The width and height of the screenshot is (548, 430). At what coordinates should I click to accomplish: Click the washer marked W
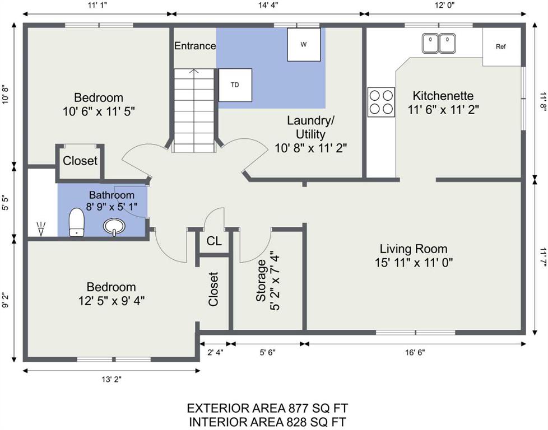[x=304, y=44]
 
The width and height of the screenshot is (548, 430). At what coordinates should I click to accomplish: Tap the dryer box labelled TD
[x=235, y=85]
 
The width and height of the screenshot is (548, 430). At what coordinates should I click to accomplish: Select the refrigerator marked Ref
[x=501, y=46]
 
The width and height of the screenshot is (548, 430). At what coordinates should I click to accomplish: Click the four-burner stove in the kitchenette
[x=381, y=102]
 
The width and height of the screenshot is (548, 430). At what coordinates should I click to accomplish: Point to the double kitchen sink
[x=439, y=43]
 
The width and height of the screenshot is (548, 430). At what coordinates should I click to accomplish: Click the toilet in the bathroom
[x=77, y=222]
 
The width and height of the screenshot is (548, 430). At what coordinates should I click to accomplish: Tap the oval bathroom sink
[x=114, y=226]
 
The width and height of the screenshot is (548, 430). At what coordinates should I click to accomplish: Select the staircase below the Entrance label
[x=194, y=110]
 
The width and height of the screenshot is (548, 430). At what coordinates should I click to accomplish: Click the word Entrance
[x=195, y=46]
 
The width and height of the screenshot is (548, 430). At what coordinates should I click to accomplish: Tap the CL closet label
[x=214, y=241]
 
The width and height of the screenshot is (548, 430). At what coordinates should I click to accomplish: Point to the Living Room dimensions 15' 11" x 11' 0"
[x=414, y=263]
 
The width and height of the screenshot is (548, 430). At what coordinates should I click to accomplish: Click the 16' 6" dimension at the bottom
[x=415, y=352]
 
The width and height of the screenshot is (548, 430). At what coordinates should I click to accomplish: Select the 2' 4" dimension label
[x=215, y=352]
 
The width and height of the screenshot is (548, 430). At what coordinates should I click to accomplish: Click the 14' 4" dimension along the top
[x=268, y=5]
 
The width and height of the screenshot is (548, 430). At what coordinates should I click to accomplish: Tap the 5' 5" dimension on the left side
[x=5, y=202]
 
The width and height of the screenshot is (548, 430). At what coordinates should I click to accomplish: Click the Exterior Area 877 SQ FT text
[x=268, y=408]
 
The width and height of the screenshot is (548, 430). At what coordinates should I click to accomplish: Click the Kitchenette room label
[x=443, y=95]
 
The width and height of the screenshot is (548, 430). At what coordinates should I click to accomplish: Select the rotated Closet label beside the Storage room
[x=213, y=289]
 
